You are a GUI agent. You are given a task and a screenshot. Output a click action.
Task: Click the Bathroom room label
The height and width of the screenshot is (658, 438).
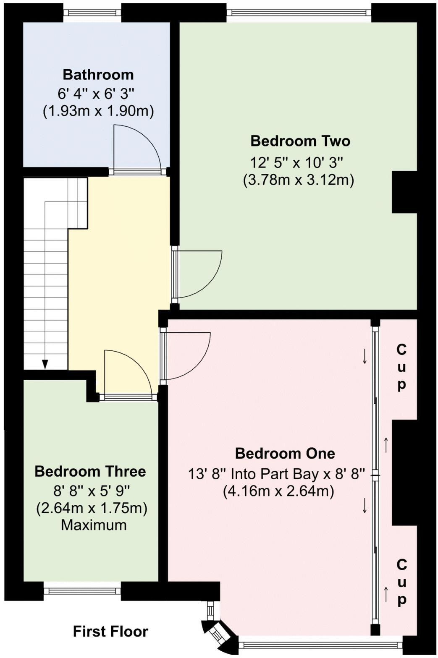click(98, 75)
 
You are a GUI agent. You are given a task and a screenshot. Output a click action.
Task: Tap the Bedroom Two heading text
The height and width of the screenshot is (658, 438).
click(300, 141)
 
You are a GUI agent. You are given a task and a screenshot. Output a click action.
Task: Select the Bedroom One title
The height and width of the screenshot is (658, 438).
click(285, 453)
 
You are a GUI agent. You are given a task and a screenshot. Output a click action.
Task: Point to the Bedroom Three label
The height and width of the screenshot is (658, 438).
click(90, 471)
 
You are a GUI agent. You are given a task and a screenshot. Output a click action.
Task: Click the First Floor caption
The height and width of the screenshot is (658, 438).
click(110, 631)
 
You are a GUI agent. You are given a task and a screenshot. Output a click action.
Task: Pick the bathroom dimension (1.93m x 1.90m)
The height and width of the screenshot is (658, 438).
click(98, 111)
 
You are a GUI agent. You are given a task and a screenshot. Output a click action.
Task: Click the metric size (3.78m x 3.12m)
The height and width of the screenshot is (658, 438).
click(299, 180)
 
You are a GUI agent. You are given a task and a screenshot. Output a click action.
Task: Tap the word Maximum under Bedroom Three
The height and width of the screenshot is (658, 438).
click(94, 525)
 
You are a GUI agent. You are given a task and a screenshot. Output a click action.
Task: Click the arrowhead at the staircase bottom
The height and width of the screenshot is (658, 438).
click(45, 364)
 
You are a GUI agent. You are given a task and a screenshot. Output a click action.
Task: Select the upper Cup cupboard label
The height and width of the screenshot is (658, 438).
click(401, 367)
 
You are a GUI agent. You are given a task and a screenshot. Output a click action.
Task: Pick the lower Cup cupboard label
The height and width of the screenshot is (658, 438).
click(401, 582)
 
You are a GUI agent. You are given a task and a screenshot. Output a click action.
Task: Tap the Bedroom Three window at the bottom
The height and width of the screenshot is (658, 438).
click(82, 591)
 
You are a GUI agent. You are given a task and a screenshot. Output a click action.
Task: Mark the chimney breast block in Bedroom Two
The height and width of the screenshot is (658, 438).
click(404, 192)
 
